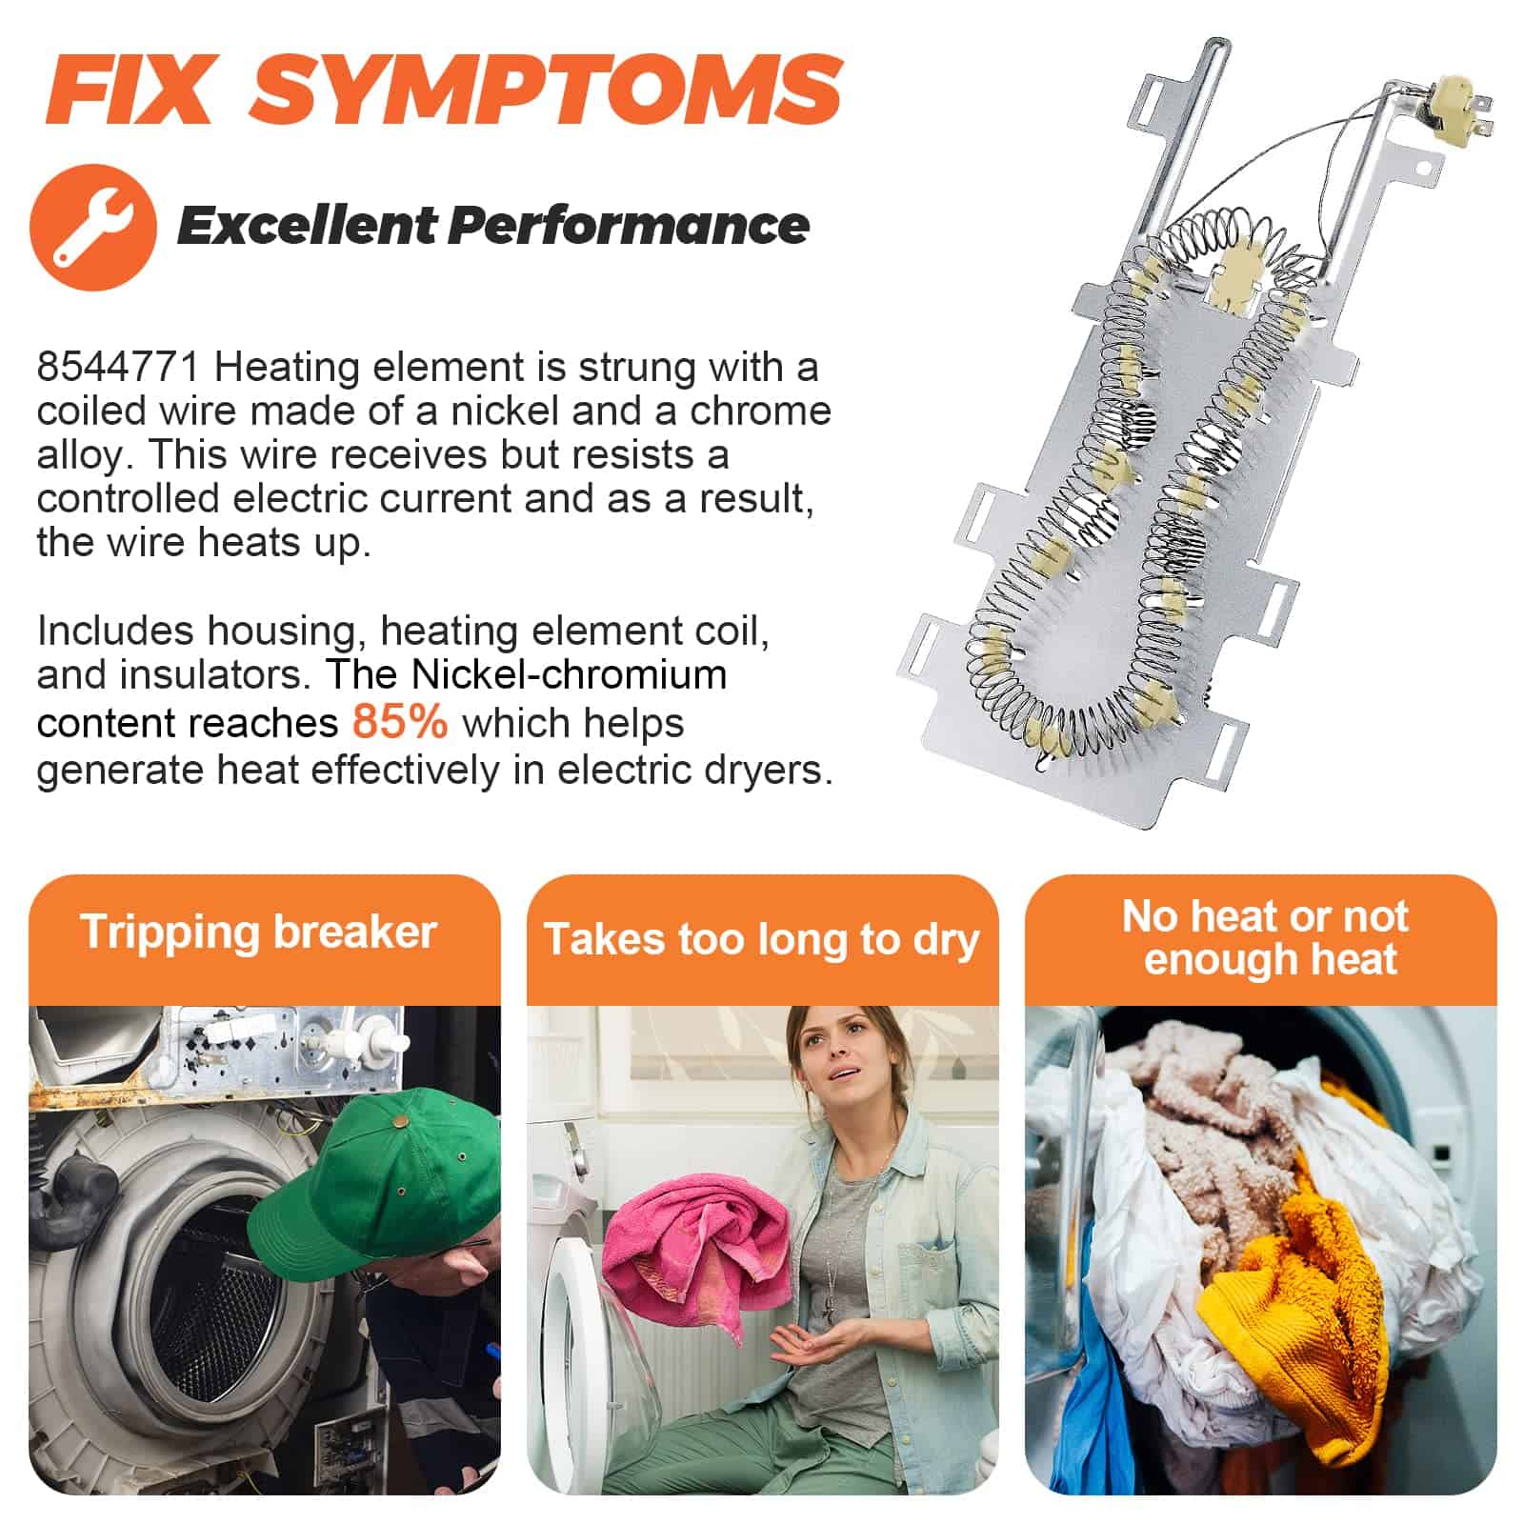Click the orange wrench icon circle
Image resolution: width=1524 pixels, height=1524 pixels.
pos(93,227)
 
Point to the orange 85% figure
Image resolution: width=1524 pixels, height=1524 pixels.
pos(399,721)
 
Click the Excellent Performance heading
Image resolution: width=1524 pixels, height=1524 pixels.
pos(492,226)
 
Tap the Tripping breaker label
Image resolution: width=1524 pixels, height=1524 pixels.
pos(259,932)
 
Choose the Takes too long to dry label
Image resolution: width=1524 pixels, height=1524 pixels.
pos(761,939)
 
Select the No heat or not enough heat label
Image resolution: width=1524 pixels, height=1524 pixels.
pos(1265,937)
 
